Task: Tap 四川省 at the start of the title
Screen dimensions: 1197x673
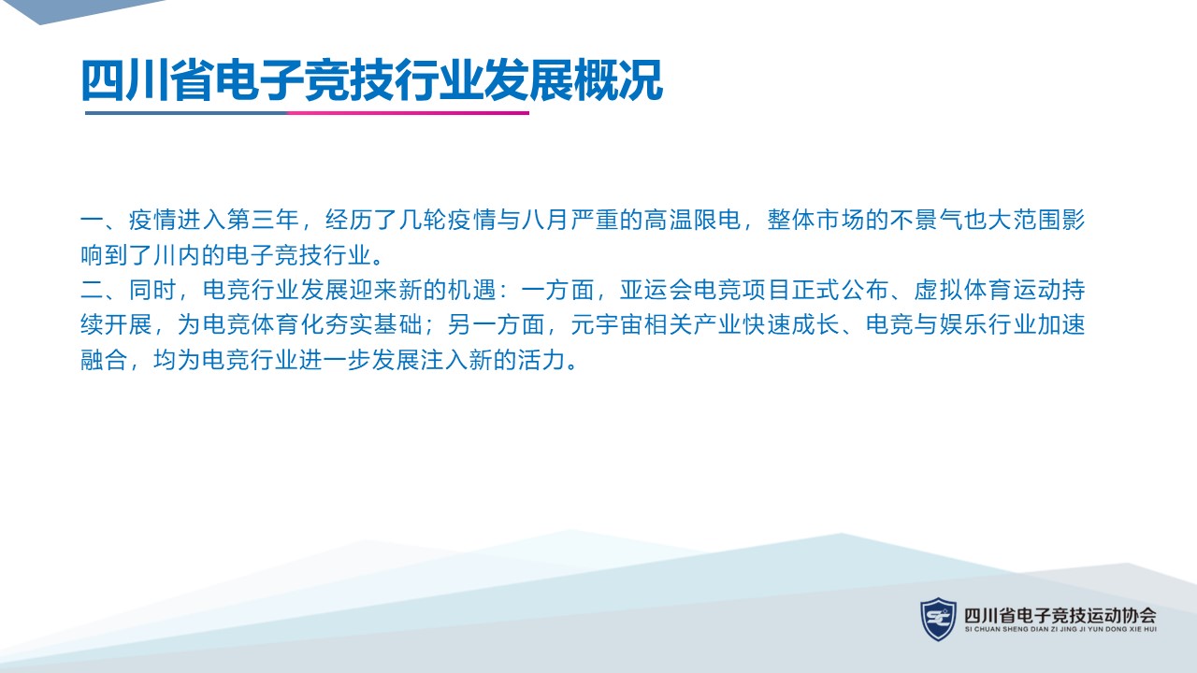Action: pos(148,80)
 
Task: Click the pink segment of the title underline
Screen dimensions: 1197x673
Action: pos(409,113)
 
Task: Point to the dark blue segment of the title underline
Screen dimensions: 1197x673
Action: pos(186,113)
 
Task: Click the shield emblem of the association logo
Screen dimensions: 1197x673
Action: pos(938,619)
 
